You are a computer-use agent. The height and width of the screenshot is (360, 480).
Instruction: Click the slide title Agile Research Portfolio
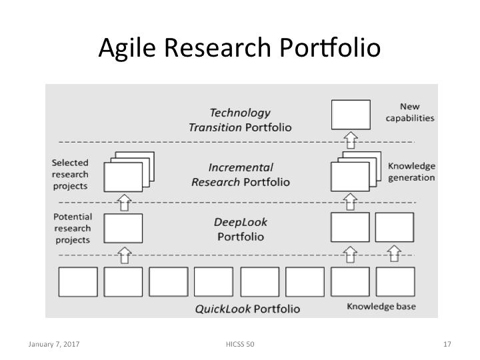coord(239,49)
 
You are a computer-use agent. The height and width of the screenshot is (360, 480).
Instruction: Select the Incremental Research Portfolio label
coord(240,175)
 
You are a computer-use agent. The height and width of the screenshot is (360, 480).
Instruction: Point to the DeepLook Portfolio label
coord(239,229)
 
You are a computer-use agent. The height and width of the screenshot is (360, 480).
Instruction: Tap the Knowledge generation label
coord(411,172)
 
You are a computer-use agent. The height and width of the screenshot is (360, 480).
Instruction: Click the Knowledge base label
coord(381,307)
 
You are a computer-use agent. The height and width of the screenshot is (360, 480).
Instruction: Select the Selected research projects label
coord(70,174)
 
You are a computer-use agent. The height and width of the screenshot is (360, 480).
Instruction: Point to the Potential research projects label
coord(72,228)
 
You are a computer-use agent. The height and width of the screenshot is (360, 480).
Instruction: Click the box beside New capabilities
coord(351,114)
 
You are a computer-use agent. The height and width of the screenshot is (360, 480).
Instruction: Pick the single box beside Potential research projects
coord(123,228)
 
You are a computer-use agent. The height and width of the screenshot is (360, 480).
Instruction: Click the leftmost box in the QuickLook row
coord(78,282)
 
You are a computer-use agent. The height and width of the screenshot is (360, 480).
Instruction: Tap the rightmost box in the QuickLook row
coord(395,282)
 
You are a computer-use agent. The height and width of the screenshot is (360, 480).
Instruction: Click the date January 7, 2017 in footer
coord(53,345)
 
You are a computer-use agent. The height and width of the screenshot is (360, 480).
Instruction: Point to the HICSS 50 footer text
coord(240,345)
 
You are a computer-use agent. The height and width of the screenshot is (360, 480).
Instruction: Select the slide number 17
coord(447,345)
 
